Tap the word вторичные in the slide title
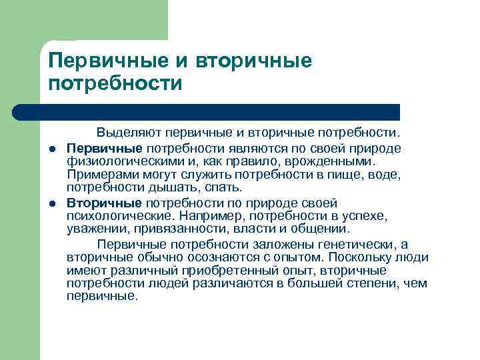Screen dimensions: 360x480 point(254,62)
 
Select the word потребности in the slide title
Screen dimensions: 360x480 point(115,85)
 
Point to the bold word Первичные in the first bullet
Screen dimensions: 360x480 point(105,147)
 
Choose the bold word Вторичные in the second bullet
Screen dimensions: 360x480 point(105,203)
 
